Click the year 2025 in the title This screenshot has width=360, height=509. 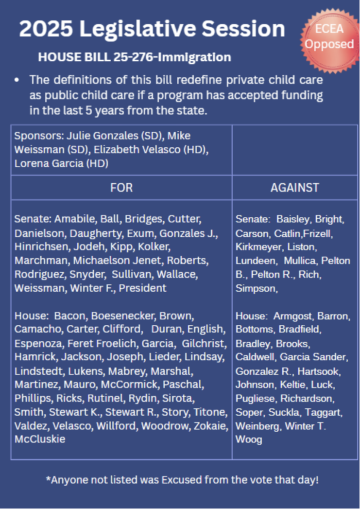tap(45, 29)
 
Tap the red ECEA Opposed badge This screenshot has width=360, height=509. tap(329, 36)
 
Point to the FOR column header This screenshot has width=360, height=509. tap(121, 188)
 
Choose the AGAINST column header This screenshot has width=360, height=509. tap(295, 188)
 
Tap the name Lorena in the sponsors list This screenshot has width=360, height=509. tap(32, 163)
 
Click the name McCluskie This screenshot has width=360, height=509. tap(40, 439)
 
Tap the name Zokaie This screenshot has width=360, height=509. tap(211, 426)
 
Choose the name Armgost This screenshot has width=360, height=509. tap(293, 316)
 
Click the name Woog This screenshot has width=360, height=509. tap(249, 439)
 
